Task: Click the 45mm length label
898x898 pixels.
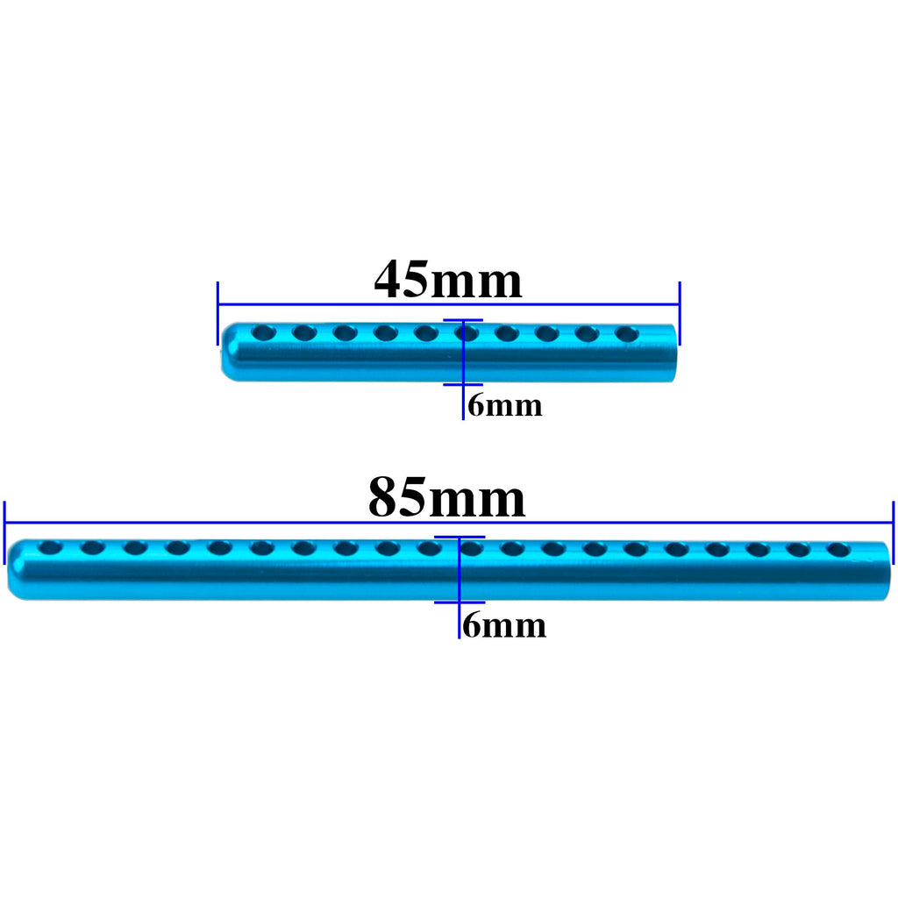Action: click(448, 280)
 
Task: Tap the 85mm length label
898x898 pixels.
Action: click(446, 497)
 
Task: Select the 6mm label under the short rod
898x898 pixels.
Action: click(504, 405)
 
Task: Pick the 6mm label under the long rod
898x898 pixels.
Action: click(504, 624)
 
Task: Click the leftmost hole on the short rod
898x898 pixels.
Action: click(263, 332)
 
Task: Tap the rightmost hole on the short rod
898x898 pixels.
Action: click(627, 334)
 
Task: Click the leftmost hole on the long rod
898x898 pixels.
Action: click(50, 548)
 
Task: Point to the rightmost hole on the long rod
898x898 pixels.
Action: click(838, 551)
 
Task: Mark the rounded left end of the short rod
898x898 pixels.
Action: click(225, 353)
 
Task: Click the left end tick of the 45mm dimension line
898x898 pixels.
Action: click(217, 313)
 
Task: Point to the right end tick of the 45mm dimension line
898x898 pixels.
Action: click(680, 313)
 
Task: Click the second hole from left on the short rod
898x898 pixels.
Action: click(304, 332)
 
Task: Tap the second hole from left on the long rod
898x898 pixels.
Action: click(93, 548)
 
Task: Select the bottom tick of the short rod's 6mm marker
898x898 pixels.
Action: click(463, 385)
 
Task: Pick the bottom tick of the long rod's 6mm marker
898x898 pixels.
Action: click(460, 602)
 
